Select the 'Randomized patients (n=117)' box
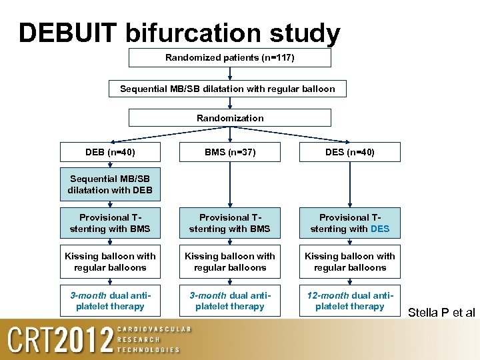click(x=229, y=58)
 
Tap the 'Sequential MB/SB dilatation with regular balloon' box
click(x=229, y=89)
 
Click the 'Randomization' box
click(x=229, y=118)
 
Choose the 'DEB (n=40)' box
click(x=110, y=152)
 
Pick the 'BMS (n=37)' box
click(x=229, y=152)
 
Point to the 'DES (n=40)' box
click(x=349, y=152)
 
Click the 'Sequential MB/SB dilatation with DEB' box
click(x=110, y=185)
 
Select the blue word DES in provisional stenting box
click(x=380, y=229)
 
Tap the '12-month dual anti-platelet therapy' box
click(x=349, y=301)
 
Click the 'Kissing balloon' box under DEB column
click(x=110, y=262)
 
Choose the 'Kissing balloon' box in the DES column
click(x=349, y=262)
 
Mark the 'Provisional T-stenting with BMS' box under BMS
click(x=229, y=223)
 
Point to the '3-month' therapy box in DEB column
click(x=110, y=301)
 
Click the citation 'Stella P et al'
click(x=441, y=311)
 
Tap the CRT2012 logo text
click(x=60, y=340)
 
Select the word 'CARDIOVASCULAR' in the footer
click(x=154, y=329)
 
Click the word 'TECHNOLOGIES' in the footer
click(x=148, y=349)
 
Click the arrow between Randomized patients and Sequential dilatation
click(x=229, y=74)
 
